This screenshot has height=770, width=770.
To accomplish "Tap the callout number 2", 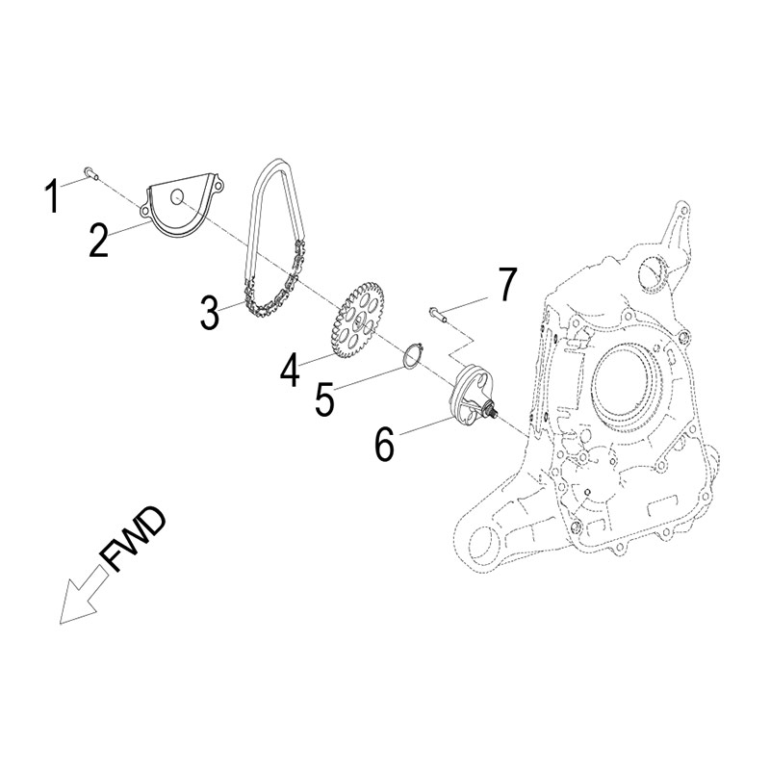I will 99,239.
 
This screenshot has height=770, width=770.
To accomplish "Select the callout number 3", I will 211,313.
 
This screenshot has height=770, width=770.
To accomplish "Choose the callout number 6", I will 383,443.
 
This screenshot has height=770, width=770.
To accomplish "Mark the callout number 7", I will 505,286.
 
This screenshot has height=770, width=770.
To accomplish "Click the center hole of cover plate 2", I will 178,197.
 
